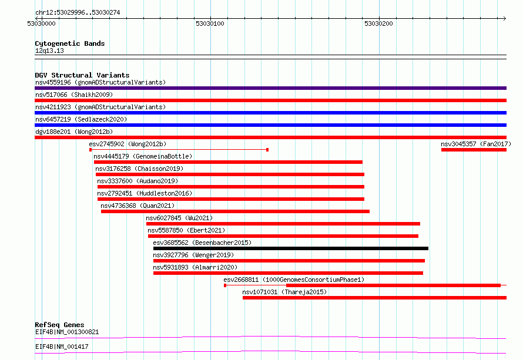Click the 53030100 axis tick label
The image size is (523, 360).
[210, 23]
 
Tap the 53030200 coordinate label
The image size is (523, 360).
[378, 23]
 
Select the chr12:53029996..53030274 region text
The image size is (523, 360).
[78, 12]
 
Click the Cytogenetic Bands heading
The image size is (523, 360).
[70, 43]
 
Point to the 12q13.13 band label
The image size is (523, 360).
[49, 51]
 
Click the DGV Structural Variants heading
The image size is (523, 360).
[82, 75]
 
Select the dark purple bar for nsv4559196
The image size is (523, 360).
[270, 88]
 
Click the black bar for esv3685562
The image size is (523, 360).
[291, 248]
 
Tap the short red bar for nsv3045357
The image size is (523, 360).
[474, 150]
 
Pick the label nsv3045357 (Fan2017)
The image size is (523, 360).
[476, 144]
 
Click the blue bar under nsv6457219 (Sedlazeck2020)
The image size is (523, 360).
[270, 125]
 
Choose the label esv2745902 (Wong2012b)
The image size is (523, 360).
[128, 144]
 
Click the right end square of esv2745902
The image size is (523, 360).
[267, 150]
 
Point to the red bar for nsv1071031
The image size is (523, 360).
[374, 298]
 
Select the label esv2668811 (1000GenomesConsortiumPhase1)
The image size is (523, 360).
[294, 280]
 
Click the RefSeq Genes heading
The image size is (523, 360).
[59, 325]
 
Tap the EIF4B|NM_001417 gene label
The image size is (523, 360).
[62, 346]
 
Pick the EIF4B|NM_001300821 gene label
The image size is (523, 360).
[67, 332]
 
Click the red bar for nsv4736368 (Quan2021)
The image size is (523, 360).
[235, 211]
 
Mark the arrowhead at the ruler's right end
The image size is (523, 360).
[505, 18]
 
